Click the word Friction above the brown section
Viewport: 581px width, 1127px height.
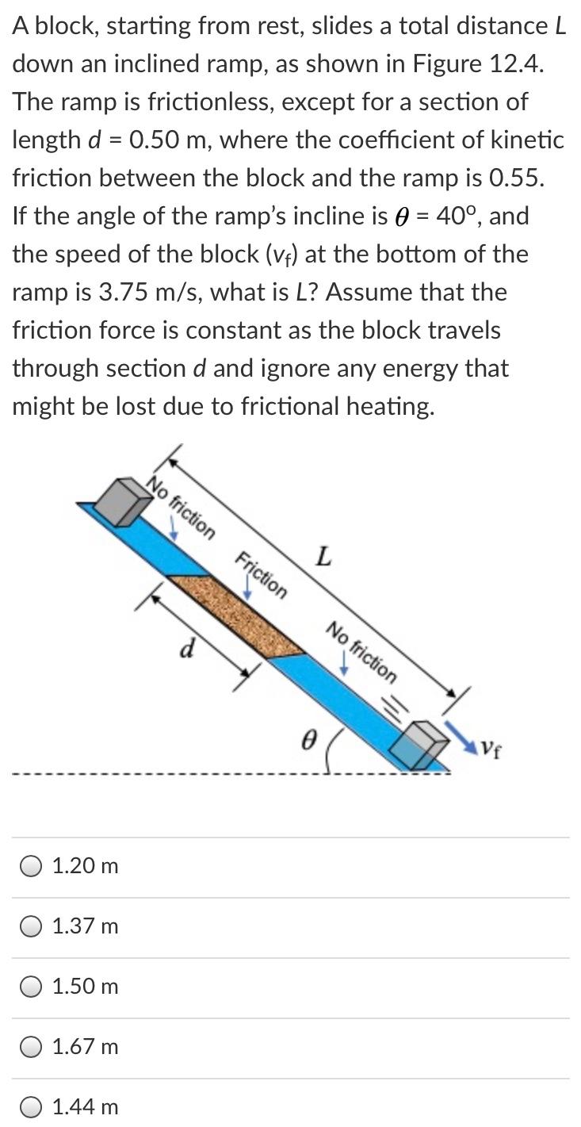(x=262, y=572)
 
